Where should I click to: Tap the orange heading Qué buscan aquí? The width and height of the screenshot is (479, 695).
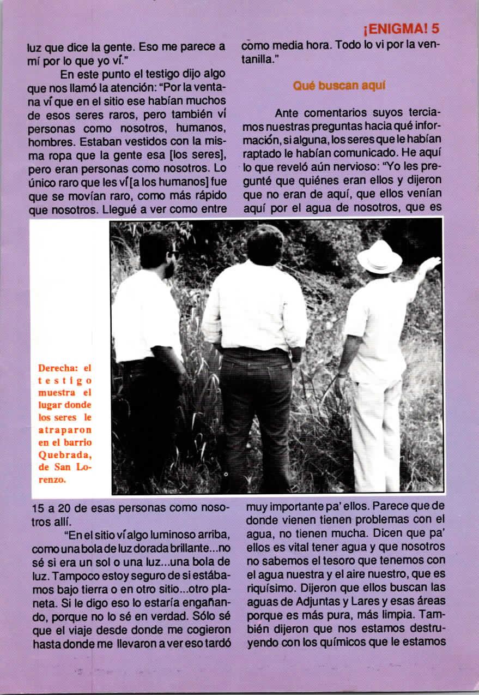click(332, 86)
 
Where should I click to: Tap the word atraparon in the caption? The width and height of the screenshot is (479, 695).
click(65, 429)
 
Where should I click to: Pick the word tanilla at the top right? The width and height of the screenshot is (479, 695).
click(257, 59)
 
